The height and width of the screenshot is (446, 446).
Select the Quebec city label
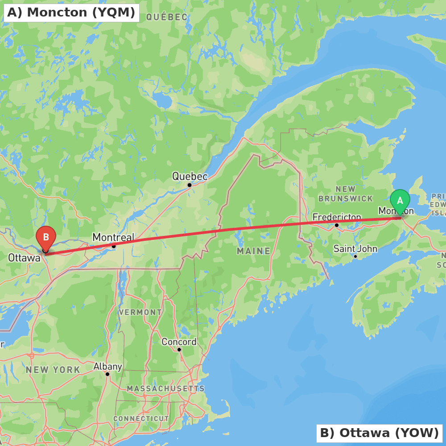click(x=190, y=177)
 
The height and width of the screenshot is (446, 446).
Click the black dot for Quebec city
click(x=190, y=185)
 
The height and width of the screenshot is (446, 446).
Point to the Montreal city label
click(x=113, y=237)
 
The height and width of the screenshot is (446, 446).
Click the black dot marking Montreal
click(x=114, y=246)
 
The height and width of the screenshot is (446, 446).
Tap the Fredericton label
click(x=337, y=217)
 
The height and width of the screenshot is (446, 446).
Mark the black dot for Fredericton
click(x=337, y=225)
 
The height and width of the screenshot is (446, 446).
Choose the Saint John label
click(x=355, y=249)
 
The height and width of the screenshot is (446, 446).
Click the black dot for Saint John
click(x=355, y=256)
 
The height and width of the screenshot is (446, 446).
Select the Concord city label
click(x=179, y=342)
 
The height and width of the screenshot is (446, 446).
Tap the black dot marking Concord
click(x=179, y=350)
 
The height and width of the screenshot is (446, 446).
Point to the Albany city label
click(x=107, y=367)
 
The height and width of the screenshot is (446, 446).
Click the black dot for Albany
click(x=107, y=374)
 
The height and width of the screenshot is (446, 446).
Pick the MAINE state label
click(x=254, y=251)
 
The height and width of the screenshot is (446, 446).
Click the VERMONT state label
click(x=140, y=312)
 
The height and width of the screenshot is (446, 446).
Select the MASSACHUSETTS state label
click(x=165, y=389)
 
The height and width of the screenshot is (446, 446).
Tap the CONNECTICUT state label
click(x=141, y=419)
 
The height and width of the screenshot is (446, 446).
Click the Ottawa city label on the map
click(x=24, y=258)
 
